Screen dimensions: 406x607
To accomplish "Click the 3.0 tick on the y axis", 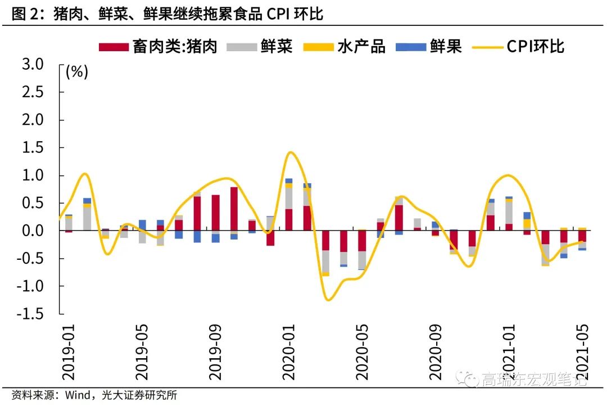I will [32, 65].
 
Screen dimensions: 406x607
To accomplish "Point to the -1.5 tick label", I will [29, 314].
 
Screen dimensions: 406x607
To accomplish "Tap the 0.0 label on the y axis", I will [32, 231].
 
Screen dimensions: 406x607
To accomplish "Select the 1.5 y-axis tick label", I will [32, 148].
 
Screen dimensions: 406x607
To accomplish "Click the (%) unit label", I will [77, 72].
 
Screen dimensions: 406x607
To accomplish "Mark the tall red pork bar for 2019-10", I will [234, 209].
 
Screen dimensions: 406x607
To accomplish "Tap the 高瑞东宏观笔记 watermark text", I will [534, 380].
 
